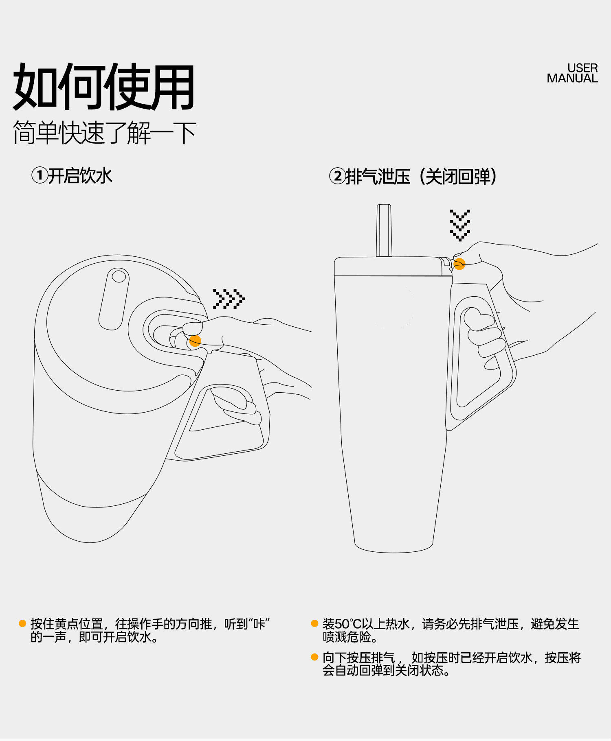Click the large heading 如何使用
pos(104,87)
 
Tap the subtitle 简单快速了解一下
pos(104,133)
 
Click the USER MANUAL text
pos(572,73)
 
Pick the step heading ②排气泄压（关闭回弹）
pos(413,177)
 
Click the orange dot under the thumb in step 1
pos(195,341)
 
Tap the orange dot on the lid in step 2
pos(459,264)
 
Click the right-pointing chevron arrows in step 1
pos(229,299)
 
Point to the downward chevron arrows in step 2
pos(460,225)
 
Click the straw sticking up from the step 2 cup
pos(384,230)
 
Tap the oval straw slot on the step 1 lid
pos(114,298)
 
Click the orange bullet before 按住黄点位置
pos(22,623)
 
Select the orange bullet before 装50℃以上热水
pos(314,623)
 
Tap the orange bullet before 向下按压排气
pos(314,657)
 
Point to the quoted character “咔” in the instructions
pos(259,624)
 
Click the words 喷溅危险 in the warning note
pos(347,637)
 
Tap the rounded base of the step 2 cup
pos(393,547)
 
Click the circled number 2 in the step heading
pos(338,177)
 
